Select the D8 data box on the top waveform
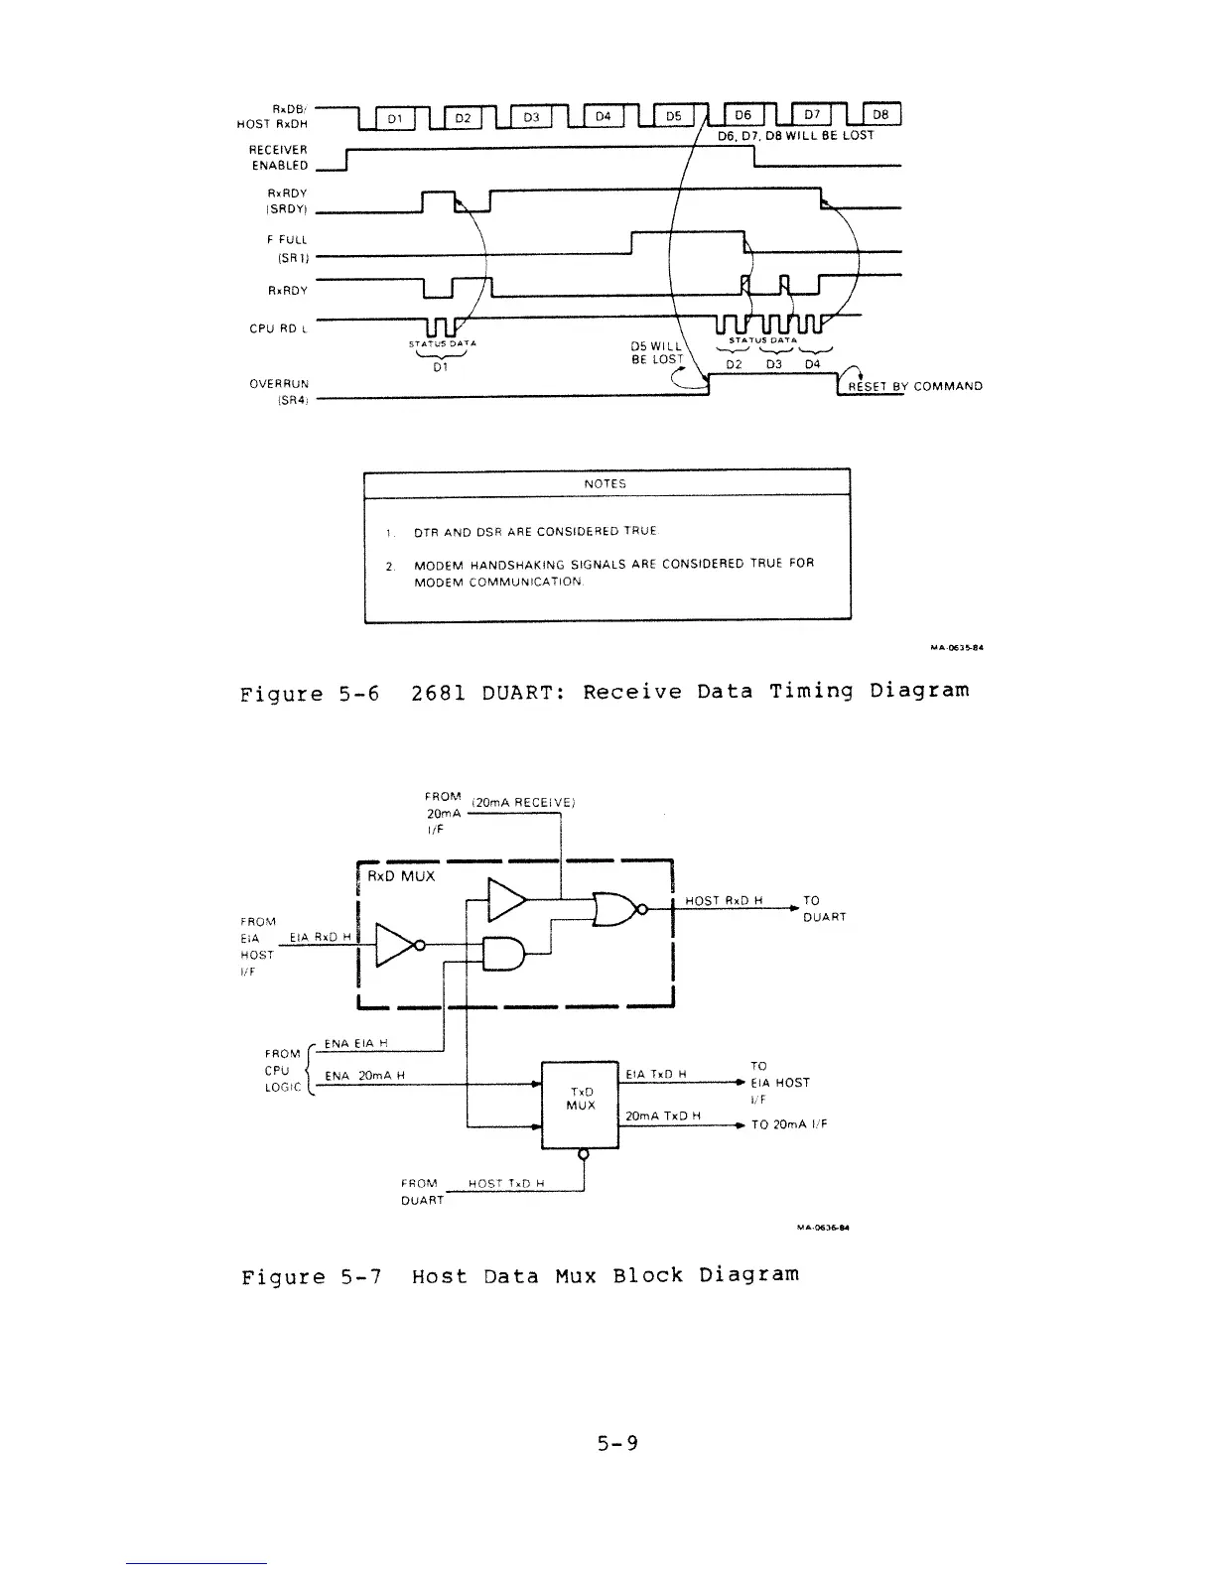click(x=880, y=116)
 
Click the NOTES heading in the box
click(x=606, y=484)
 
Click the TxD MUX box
click(x=581, y=1099)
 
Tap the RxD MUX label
click(x=401, y=877)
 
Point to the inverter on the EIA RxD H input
click(x=397, y=945)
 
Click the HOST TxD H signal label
click(x=505, y=1184)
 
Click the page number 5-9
click(x=617, y=1443)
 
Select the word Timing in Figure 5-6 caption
click(x=812, y=691)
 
